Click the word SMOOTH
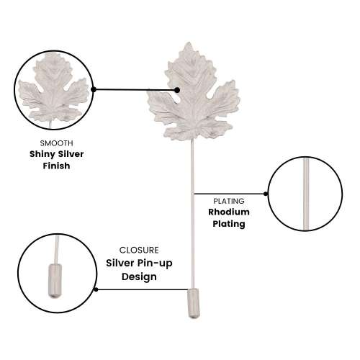[x=56, y=143]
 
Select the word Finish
[x=56, y=166]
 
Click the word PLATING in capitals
[x=229, y=201]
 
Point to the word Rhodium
[x=229, y=212]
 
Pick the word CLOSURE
[x=139, y=250]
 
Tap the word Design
[x=139, y=276]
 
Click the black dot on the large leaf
[x=177, y=90]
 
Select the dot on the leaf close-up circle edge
[x=94, y=89]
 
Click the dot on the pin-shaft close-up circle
[x=266, y=194]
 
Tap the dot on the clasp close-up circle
[x=96, y=289]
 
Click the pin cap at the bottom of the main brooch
[x=194, y=303]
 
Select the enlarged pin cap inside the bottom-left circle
[x=55, y=281]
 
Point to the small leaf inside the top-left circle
[x=53, y=89]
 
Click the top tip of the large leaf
[x=189, y=42]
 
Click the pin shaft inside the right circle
[x=306, y=194]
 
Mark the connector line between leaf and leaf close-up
[x=135, y=90]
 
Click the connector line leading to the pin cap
[x=142, y=289]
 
